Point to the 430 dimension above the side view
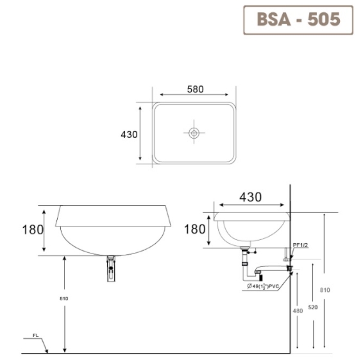coord(250,198)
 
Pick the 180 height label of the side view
coord(196,229)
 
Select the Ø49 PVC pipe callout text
coord(264,287)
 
